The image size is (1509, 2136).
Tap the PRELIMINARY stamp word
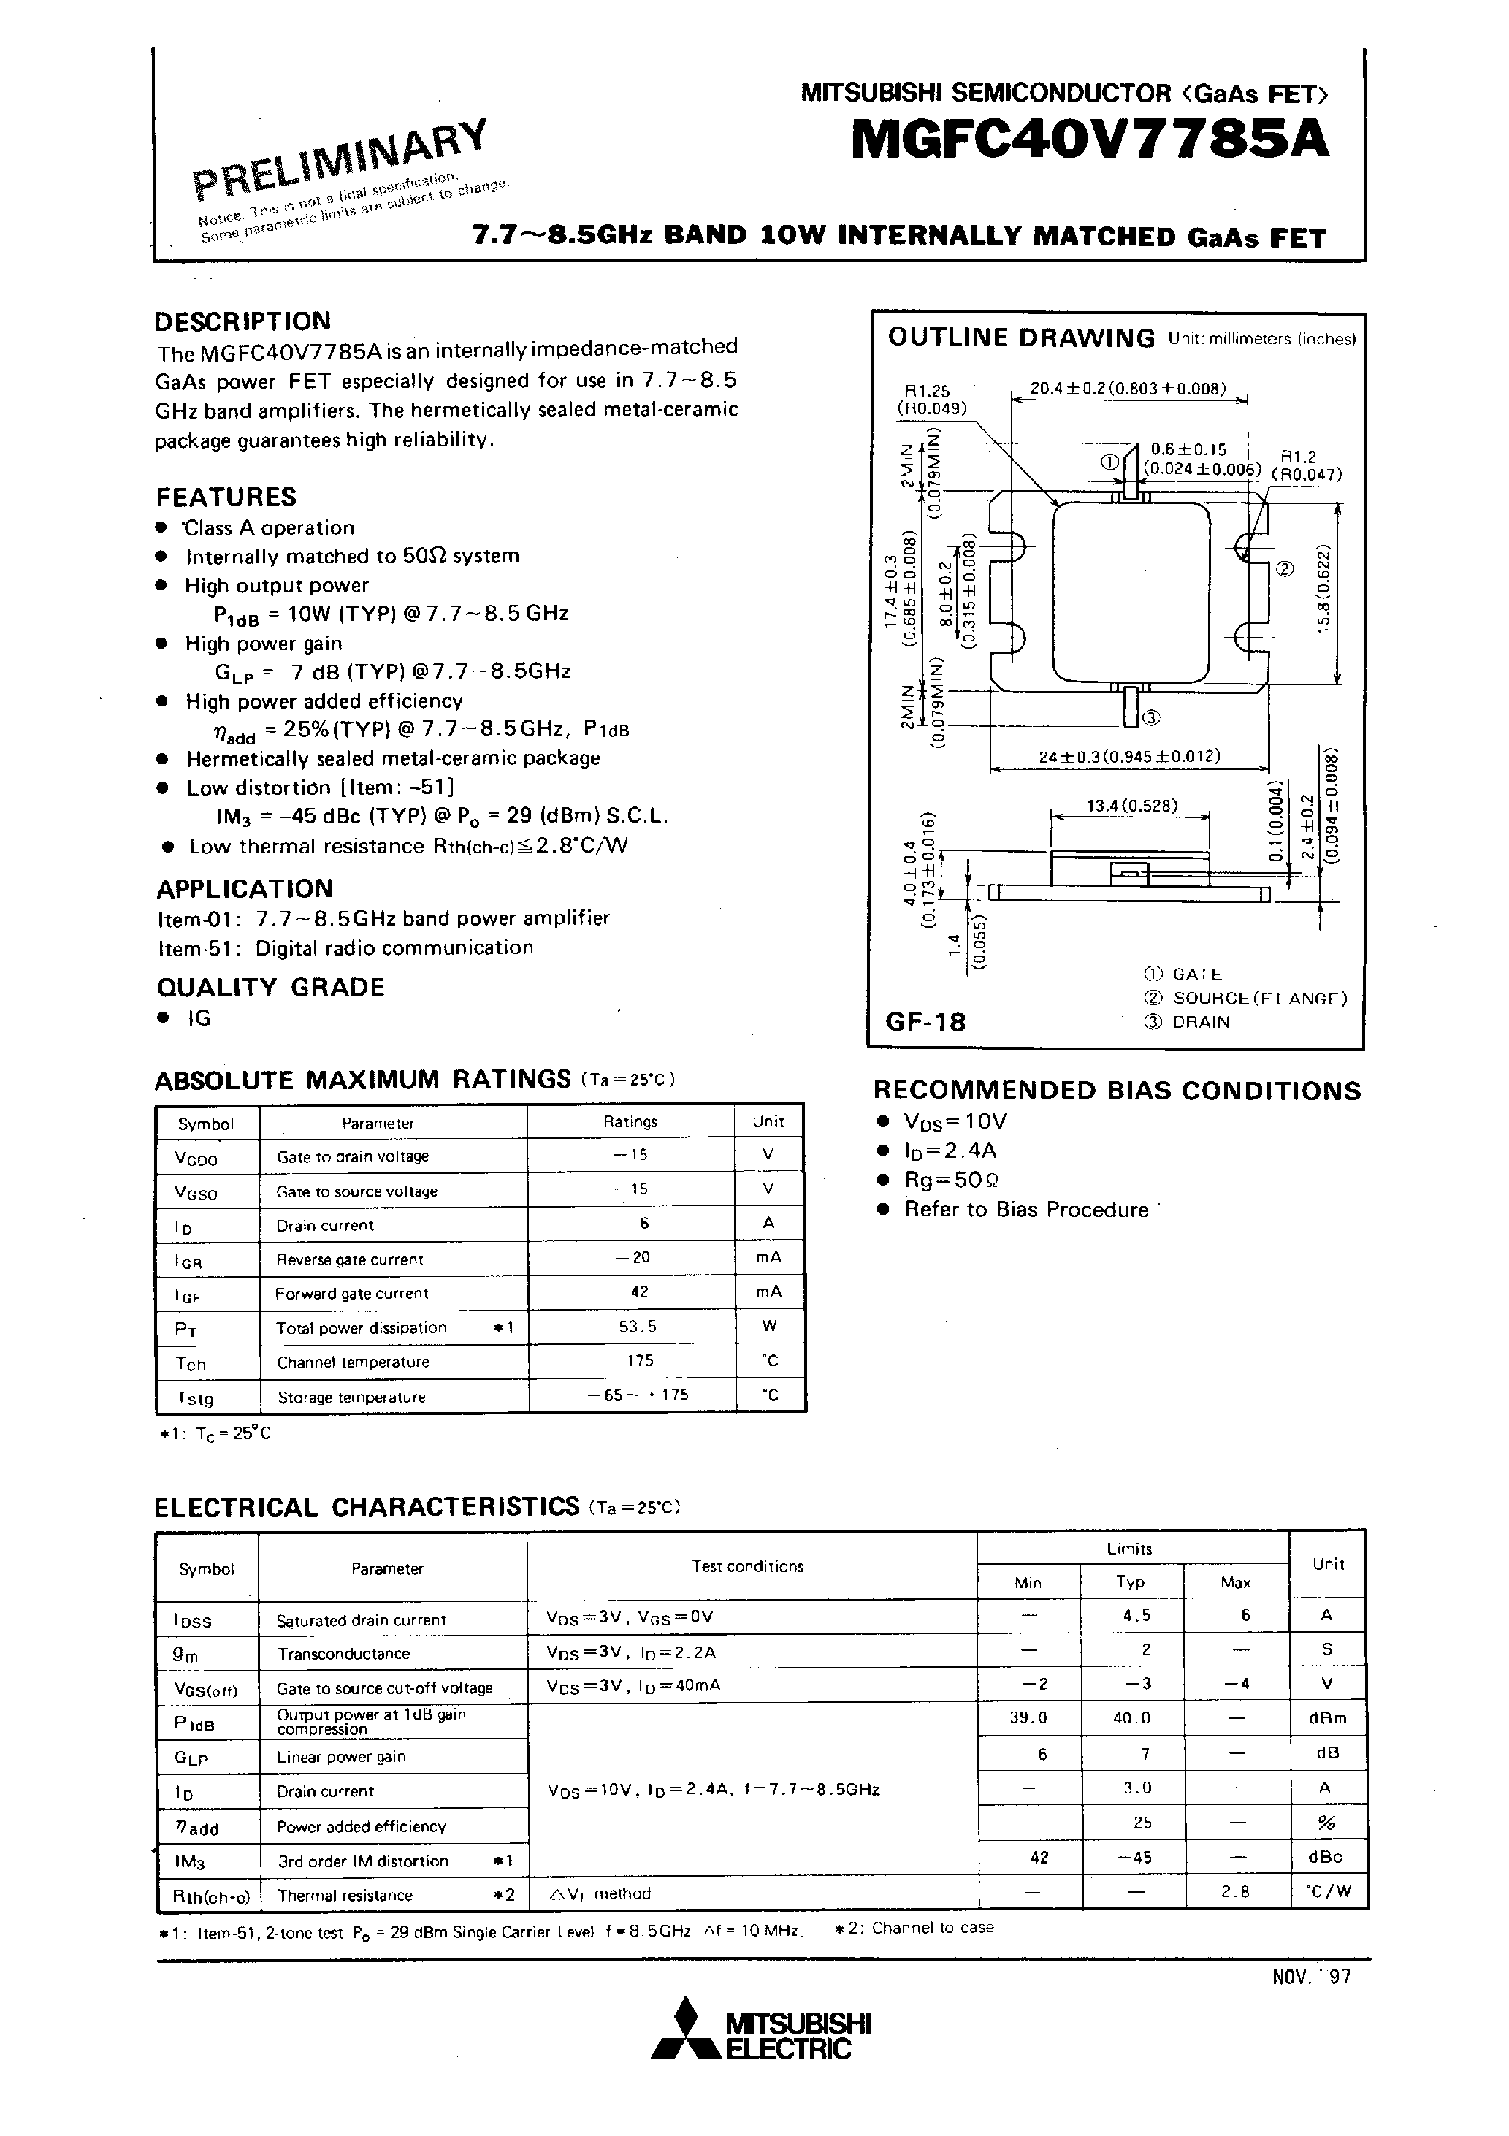tap(340, 158)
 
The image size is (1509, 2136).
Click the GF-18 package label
tap(925, 1021)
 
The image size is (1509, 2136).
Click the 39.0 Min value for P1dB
tap(1028, 1717)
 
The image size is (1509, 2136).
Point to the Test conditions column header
tap(747, 1565)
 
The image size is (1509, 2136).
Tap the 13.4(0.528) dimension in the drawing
tap(1132, 805)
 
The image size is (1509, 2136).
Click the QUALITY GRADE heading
tap(270, 987)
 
